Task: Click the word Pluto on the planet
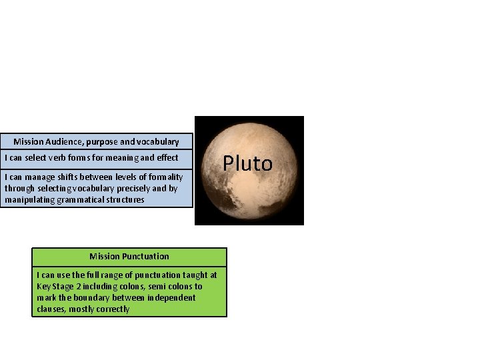pos(247,163)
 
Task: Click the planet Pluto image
pos(249,193)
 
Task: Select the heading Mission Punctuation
pos(129,256)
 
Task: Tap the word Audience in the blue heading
pos(64,141)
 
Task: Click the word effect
pos(166,158)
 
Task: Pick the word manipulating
pos(27,199)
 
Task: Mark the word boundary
pos(83,298)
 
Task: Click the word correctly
pos(111,309)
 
